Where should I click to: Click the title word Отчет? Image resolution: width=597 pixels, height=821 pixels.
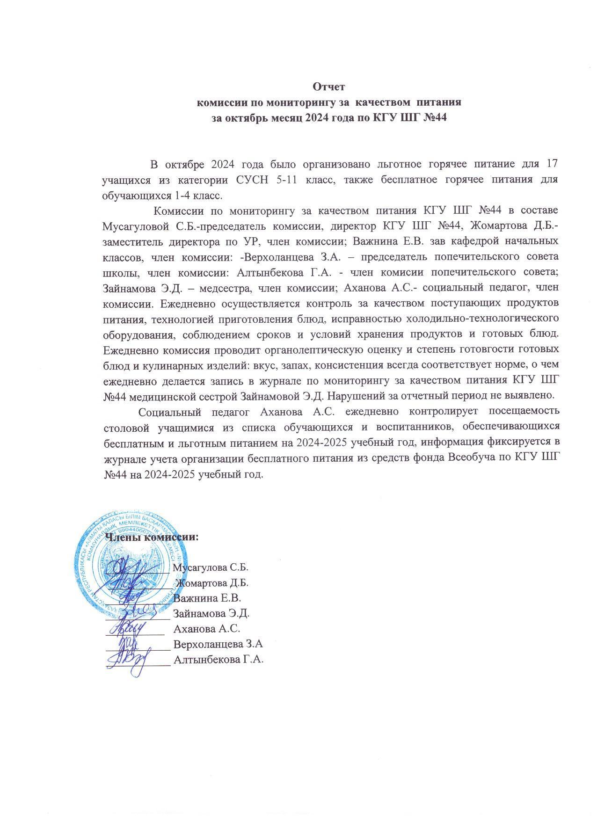pos(328,87)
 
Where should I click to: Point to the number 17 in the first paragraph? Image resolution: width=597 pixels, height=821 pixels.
pos(551,164)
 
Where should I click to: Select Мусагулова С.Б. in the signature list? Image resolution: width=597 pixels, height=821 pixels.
pos(211,568)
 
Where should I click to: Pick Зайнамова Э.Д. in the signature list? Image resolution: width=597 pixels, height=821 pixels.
pos(211,613)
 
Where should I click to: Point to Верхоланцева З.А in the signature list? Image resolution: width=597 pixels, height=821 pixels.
pos(218,644)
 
